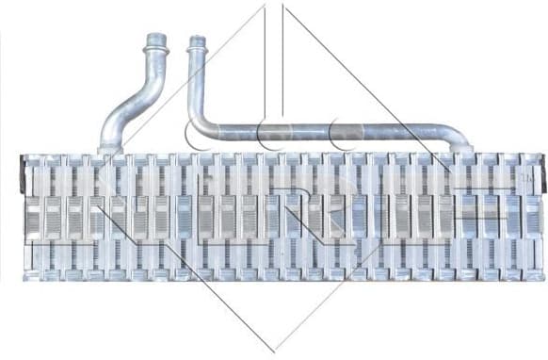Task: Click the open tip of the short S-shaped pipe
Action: [155, 38]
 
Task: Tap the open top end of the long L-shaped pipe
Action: [196, 40]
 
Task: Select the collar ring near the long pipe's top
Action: [196, 53]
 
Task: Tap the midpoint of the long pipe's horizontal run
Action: [330, 132]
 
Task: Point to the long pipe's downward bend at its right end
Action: [458, 140]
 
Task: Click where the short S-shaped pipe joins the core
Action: [110, 148]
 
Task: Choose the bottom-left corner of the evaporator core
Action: [25, 280]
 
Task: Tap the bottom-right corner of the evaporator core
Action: [541, 280]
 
